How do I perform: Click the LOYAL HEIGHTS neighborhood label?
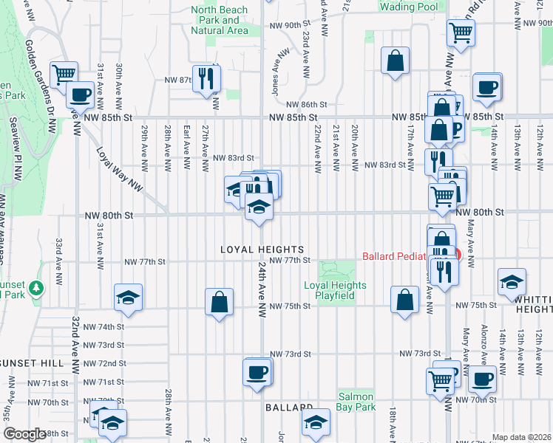coord(262,250)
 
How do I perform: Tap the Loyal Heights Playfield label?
coord(335,290)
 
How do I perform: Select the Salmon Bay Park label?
coord(357,402)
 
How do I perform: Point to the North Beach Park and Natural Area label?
coord(220,20)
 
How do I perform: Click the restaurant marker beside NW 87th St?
coord(206,78)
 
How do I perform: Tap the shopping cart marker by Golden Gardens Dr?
coord(64,74)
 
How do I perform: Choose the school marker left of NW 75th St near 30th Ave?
coord(128,296)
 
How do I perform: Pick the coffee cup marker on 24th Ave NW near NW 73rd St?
coord(257,371)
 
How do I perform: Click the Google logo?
coord(25,434)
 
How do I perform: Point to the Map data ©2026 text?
coord(521,437)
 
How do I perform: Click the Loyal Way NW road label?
coord(119,168)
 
